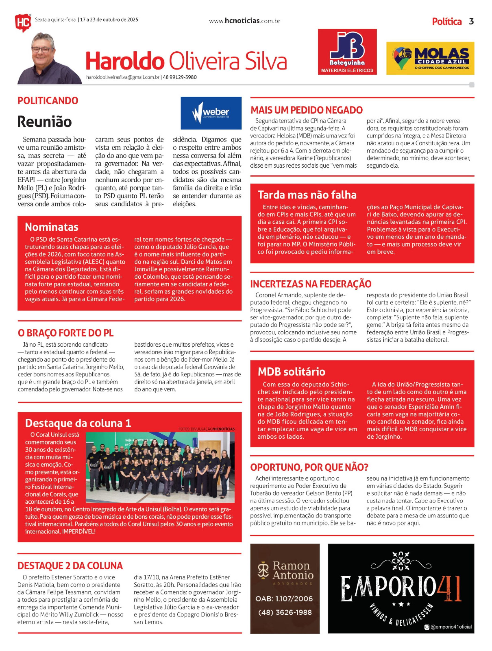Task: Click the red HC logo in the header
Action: [x=23, y=22]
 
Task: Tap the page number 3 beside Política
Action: [x=471, y=22]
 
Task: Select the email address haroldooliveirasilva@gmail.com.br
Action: [x=123, y=77]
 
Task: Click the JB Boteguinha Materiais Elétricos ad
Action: [x=347, y=52]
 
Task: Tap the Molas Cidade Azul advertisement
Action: [x=430, y=58]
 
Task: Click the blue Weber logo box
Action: [x=211, y=113]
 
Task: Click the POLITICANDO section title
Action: [x=48, y=100]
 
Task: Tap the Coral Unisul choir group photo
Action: [x=160, y=467]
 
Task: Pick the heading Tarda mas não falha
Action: [x=307, y=195]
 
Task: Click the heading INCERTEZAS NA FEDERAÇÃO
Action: [x=310, y=284]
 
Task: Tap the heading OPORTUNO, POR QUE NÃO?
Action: [x=309, y=467]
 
